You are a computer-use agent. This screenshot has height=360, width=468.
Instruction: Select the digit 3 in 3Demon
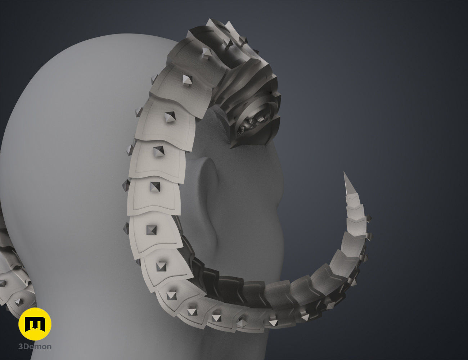[21, 347]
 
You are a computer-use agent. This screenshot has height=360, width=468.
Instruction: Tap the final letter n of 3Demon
[49, 347]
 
